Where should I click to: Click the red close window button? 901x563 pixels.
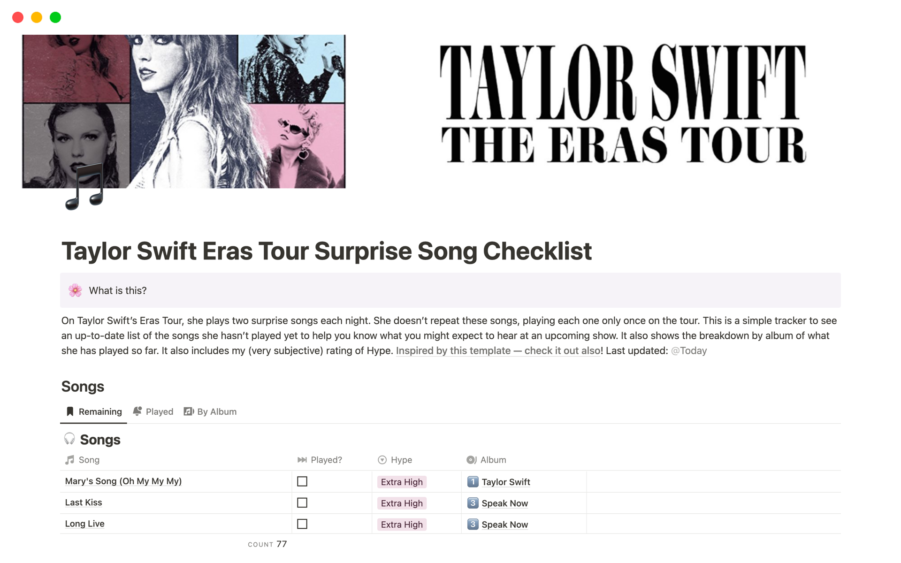pyautogui.click(x=18, y=17)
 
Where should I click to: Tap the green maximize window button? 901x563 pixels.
pyautogui.click(x=55, y=17)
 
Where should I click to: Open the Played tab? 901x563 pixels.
pyautogui.click(x=153, y=411)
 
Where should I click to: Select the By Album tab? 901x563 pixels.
pyautogui.click(x=210, y=411)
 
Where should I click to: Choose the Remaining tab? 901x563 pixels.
pyautogui.click(x=94, y=411)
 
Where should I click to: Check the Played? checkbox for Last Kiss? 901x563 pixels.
pyautogui.click(x=302, y=503)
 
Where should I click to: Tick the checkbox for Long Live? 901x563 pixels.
pyautogui.click(x=302, y=524)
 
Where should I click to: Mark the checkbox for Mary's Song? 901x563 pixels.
pyautogui.click(x=302, y=481)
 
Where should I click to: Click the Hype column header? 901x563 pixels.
pyautogui.click(x=395, y=460)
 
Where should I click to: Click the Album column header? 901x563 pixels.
pyautogui.click(x=486, y=460)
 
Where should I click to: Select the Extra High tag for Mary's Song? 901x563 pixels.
pyautogui.click(x=402, y=482)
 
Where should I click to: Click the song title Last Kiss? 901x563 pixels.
pyautogui.click(x=84, y=502)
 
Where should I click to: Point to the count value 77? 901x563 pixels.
pyautogui.click(x=282, y=544)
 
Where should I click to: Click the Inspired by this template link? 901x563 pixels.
pyautogui.click(x=498, y=350)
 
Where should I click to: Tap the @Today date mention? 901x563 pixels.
pyautogui.click(x=689, y=350)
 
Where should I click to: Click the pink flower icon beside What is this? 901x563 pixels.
pyautogui.click(x=75, y=290)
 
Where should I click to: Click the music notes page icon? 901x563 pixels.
pyautogui.click(x=84, y=187)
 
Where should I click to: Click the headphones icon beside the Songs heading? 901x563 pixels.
pyautogui.click(x=69, y=439)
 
